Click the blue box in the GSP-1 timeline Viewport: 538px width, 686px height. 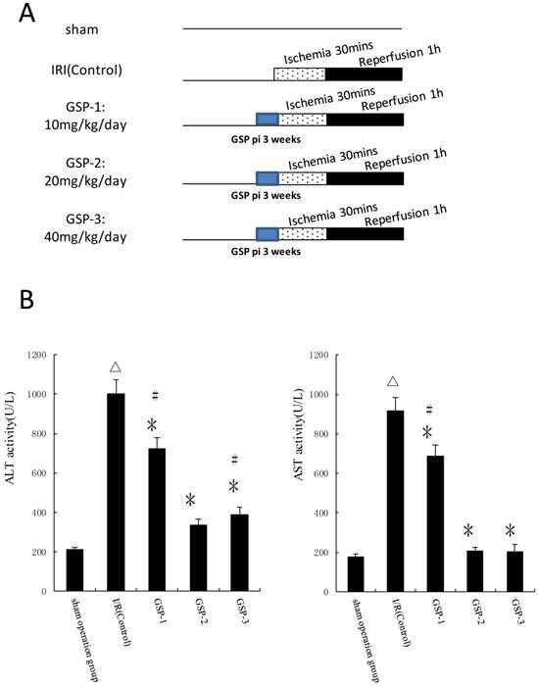click(x=267, y=120)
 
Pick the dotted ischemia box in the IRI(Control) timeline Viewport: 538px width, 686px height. click(x=300, y=73)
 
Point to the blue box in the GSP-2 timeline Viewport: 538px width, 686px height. click(x=267, y=178)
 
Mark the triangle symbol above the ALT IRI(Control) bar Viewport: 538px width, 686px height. click(x=117, y=367)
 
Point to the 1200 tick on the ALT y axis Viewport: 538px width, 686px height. click(x=44, y=355)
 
